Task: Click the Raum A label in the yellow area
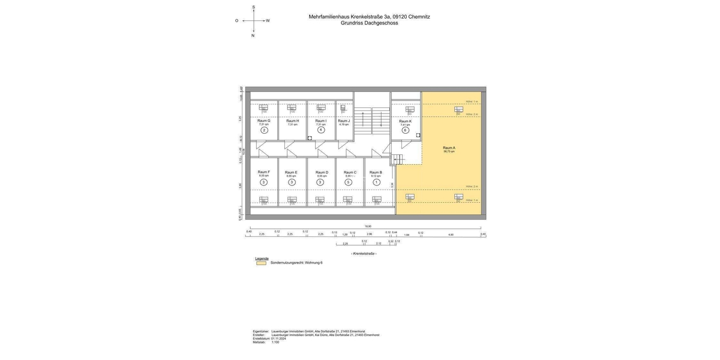pos(449,148)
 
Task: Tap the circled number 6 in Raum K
pos(405,130)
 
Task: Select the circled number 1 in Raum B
pos(376,182)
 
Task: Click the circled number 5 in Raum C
pos(348,182)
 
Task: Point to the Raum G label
pos(264,121)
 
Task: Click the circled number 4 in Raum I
pos(321,130)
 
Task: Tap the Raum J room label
pos(344,121)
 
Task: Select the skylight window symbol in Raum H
pos(292,108)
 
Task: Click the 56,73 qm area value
pos(449,152)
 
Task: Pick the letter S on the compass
pos(253,7)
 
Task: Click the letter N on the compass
pos(253,35)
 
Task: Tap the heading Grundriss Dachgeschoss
pos(369,23)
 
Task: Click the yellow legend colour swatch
pos(261,263)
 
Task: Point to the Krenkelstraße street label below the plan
pos(364,254)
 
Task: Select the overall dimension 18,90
pos(368,226)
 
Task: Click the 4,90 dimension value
pos(451,235)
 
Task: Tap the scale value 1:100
pos(275,342)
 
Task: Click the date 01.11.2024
pos(278,338)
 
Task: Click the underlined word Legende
pos(262,259)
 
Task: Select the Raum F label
pos(264,172)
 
